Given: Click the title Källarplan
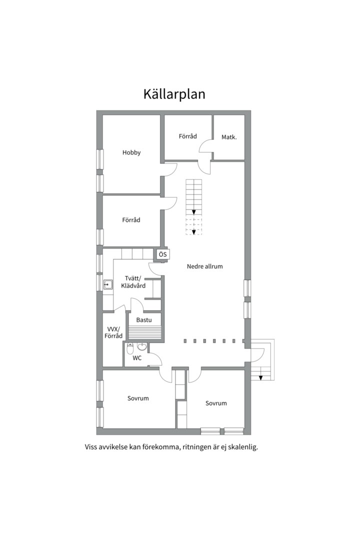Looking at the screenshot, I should tap(174, 94).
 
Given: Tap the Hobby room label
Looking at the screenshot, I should tap(131, 152).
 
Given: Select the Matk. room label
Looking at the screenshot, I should tap(229, 136).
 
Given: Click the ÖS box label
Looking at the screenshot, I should tap(162, 254).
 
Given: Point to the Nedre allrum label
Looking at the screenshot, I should tap(204, 266).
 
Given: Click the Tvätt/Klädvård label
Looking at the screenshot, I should tap(133, 282).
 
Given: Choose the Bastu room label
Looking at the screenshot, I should tap(144, 319).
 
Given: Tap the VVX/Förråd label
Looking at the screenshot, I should tap(113, 332).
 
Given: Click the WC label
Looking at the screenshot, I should tap(137, 358).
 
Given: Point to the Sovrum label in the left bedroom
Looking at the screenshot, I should tap(138, 398).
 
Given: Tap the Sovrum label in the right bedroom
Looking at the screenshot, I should tap(216, 403).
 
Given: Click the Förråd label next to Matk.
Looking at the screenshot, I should tap(188, 136).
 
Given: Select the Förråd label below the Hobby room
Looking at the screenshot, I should tap(131, 219).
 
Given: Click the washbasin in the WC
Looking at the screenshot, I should tap(142, 346).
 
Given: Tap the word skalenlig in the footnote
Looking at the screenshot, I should tap(241, 447).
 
